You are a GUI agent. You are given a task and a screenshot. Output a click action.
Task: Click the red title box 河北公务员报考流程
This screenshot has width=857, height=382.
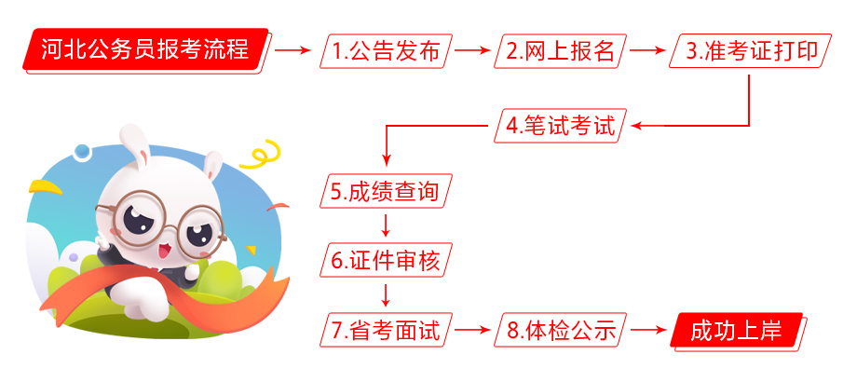click(146, 50)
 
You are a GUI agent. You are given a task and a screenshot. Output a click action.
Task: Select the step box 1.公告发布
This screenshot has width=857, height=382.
click(387, 51)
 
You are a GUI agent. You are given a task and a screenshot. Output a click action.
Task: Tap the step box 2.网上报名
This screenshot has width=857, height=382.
click(560, 51)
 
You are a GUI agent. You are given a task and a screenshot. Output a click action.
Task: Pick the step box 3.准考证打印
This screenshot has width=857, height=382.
click(750, 51)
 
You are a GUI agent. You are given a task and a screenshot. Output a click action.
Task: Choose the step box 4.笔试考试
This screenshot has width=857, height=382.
click(560, 126)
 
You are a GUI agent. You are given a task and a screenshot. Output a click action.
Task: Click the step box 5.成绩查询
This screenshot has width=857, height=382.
click(387, 191)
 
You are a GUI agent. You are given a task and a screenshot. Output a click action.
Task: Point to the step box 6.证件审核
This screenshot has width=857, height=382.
click(387, 261)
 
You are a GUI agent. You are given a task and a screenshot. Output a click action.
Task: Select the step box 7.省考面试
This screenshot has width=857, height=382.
click(387, 330)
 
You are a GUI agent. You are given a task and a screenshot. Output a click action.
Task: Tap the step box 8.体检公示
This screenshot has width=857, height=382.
click(560, 330)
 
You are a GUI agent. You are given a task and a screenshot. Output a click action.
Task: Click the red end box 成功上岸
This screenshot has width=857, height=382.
click(738, 331)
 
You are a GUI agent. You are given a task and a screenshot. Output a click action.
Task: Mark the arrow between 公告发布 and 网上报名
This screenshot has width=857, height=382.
click(473, 51)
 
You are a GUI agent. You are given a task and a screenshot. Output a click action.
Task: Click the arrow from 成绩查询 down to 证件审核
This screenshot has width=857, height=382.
click(386, 225)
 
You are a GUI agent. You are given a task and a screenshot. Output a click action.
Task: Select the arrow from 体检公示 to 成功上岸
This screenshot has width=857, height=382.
click(648, 330)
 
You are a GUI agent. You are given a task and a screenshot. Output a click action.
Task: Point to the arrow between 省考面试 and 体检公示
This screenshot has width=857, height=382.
click(473, 330)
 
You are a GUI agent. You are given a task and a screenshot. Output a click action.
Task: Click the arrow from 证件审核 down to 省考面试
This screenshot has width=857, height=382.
click(386, 295)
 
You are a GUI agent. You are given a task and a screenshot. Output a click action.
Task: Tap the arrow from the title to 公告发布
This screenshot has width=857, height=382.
click(292, 51)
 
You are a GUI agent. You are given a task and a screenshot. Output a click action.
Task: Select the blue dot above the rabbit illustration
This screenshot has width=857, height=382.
click(81, 151)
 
